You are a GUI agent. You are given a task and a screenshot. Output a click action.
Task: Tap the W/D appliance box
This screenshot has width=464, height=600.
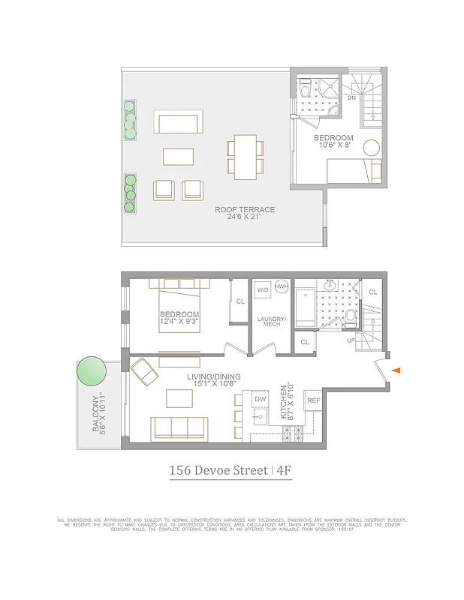click(x=263, y=289)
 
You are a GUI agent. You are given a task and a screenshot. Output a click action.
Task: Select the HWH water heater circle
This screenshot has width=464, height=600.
click(x=282, y=287)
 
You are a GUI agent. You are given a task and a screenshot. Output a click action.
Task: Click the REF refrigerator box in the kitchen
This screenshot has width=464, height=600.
click(x=314, y=402)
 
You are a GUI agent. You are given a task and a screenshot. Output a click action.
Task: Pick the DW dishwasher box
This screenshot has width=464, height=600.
click(x=261, y=399)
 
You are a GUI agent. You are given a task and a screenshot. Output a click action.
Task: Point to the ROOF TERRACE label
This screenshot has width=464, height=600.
click(x=245, y=214)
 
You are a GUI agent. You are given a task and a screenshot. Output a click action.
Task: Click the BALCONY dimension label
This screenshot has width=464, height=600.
click(x=101, y=413)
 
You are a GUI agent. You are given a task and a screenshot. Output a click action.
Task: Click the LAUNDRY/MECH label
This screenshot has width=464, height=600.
click(x=269, y=320)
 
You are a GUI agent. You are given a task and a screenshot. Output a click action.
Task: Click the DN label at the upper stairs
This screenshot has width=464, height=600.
click(x=351, y=97)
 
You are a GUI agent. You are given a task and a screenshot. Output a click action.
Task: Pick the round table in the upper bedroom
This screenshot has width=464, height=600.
click(x=372, y=148)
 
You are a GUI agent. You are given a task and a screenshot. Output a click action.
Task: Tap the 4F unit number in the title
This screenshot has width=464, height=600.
click(x=284, y=471)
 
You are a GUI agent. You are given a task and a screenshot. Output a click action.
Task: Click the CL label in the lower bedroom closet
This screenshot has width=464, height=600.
click(x=240, y=301)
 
